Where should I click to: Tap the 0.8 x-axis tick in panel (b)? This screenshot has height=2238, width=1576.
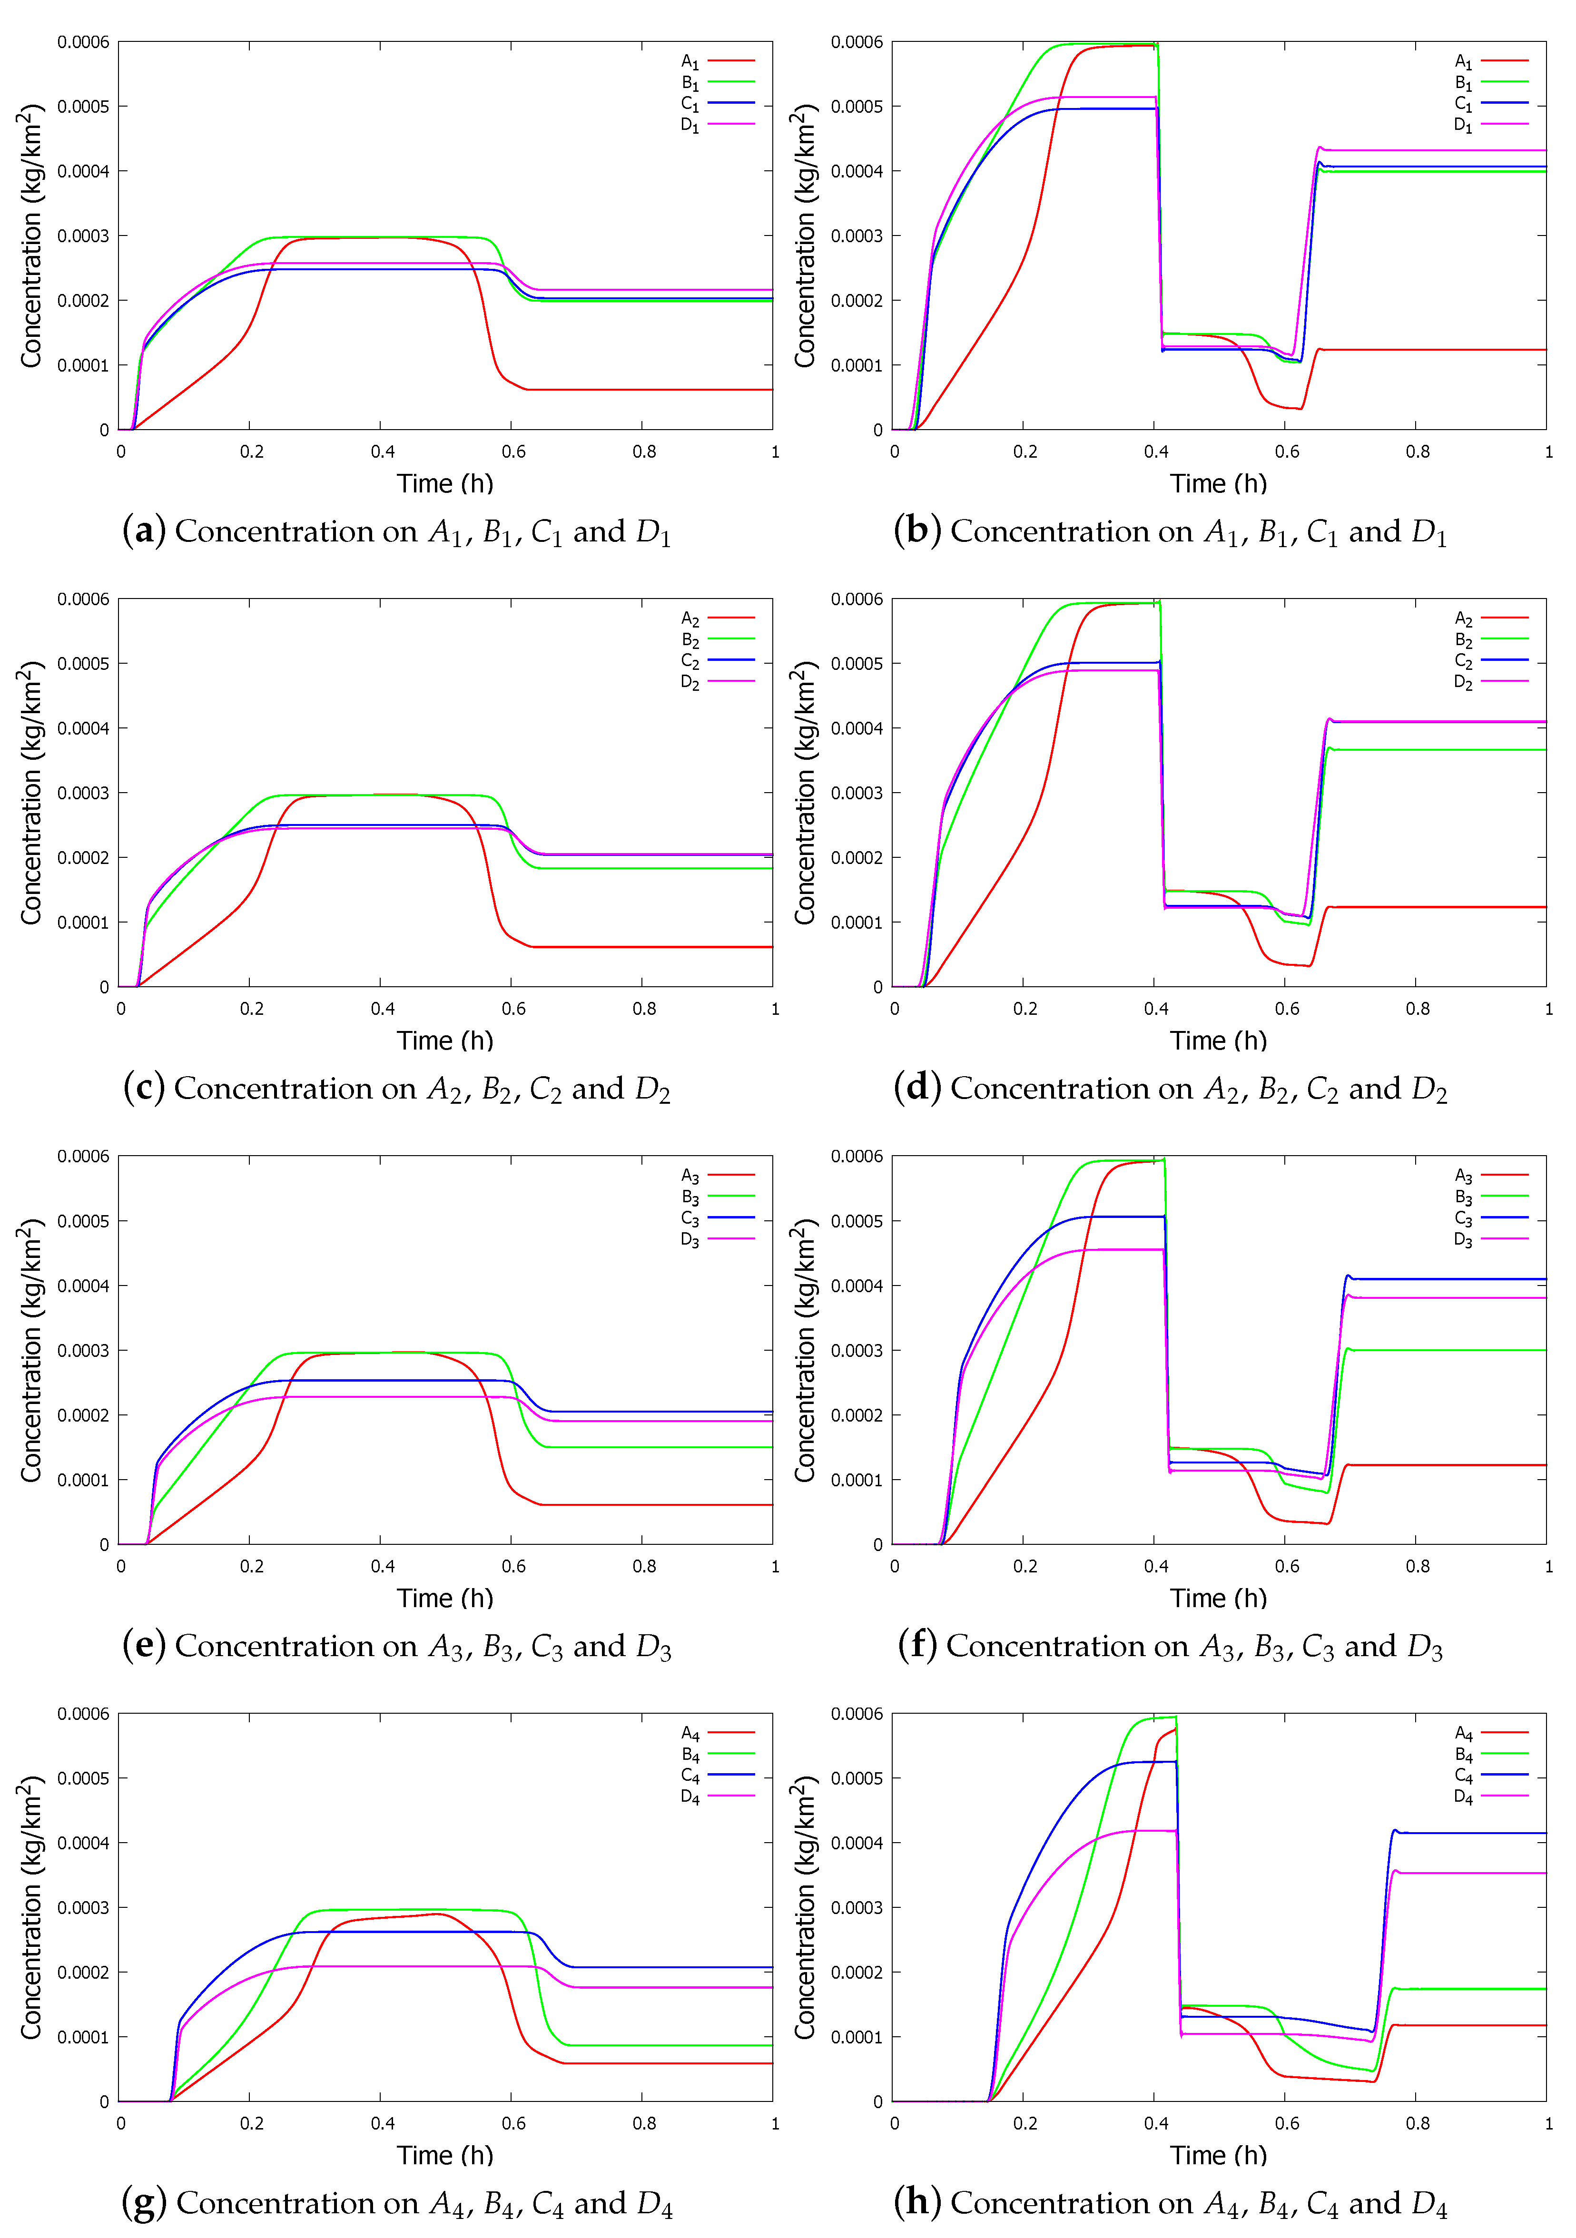pos(1418,452)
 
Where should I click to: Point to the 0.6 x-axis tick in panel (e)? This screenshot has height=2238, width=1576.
pos(513,1566)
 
